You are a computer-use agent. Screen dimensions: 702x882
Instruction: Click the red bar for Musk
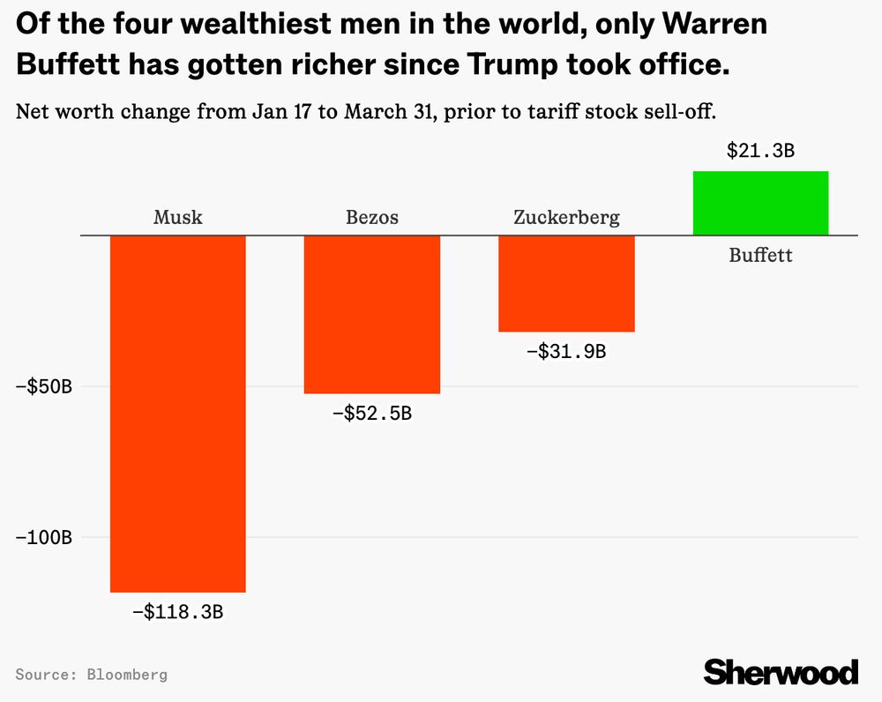177,413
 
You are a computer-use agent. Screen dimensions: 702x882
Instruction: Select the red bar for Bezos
372,314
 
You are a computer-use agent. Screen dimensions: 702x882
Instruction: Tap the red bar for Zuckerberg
566,283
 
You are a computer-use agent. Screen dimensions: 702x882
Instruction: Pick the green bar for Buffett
760,203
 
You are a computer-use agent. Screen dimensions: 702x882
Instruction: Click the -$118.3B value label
177,611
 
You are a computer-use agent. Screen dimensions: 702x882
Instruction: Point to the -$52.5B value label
372,412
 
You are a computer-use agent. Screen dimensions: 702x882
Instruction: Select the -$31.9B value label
566,351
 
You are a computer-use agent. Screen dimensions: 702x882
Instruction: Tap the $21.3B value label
760,151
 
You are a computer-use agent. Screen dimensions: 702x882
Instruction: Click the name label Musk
177,217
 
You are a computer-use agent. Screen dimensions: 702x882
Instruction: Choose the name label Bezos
372,217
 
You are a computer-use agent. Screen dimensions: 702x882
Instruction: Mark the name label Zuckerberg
566,217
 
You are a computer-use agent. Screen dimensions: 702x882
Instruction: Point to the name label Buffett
760,256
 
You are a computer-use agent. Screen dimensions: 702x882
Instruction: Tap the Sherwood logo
781,671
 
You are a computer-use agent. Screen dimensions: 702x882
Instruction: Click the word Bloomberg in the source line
127,675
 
